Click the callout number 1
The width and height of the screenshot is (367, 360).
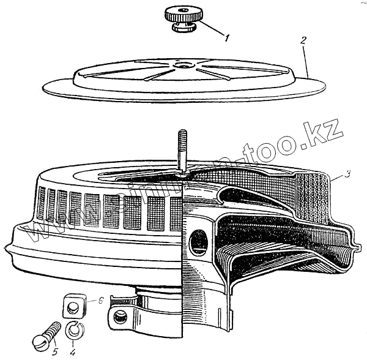click(x=226, y=39)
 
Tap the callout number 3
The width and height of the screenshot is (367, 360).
click(x=347, y=175)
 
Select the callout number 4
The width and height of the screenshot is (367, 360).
click(x=73, y=352)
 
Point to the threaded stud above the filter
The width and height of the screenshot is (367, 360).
click(x=181, y=150)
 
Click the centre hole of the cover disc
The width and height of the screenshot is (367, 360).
click(x=183, y=64)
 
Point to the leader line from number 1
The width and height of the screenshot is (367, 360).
click(x=208, y=29)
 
